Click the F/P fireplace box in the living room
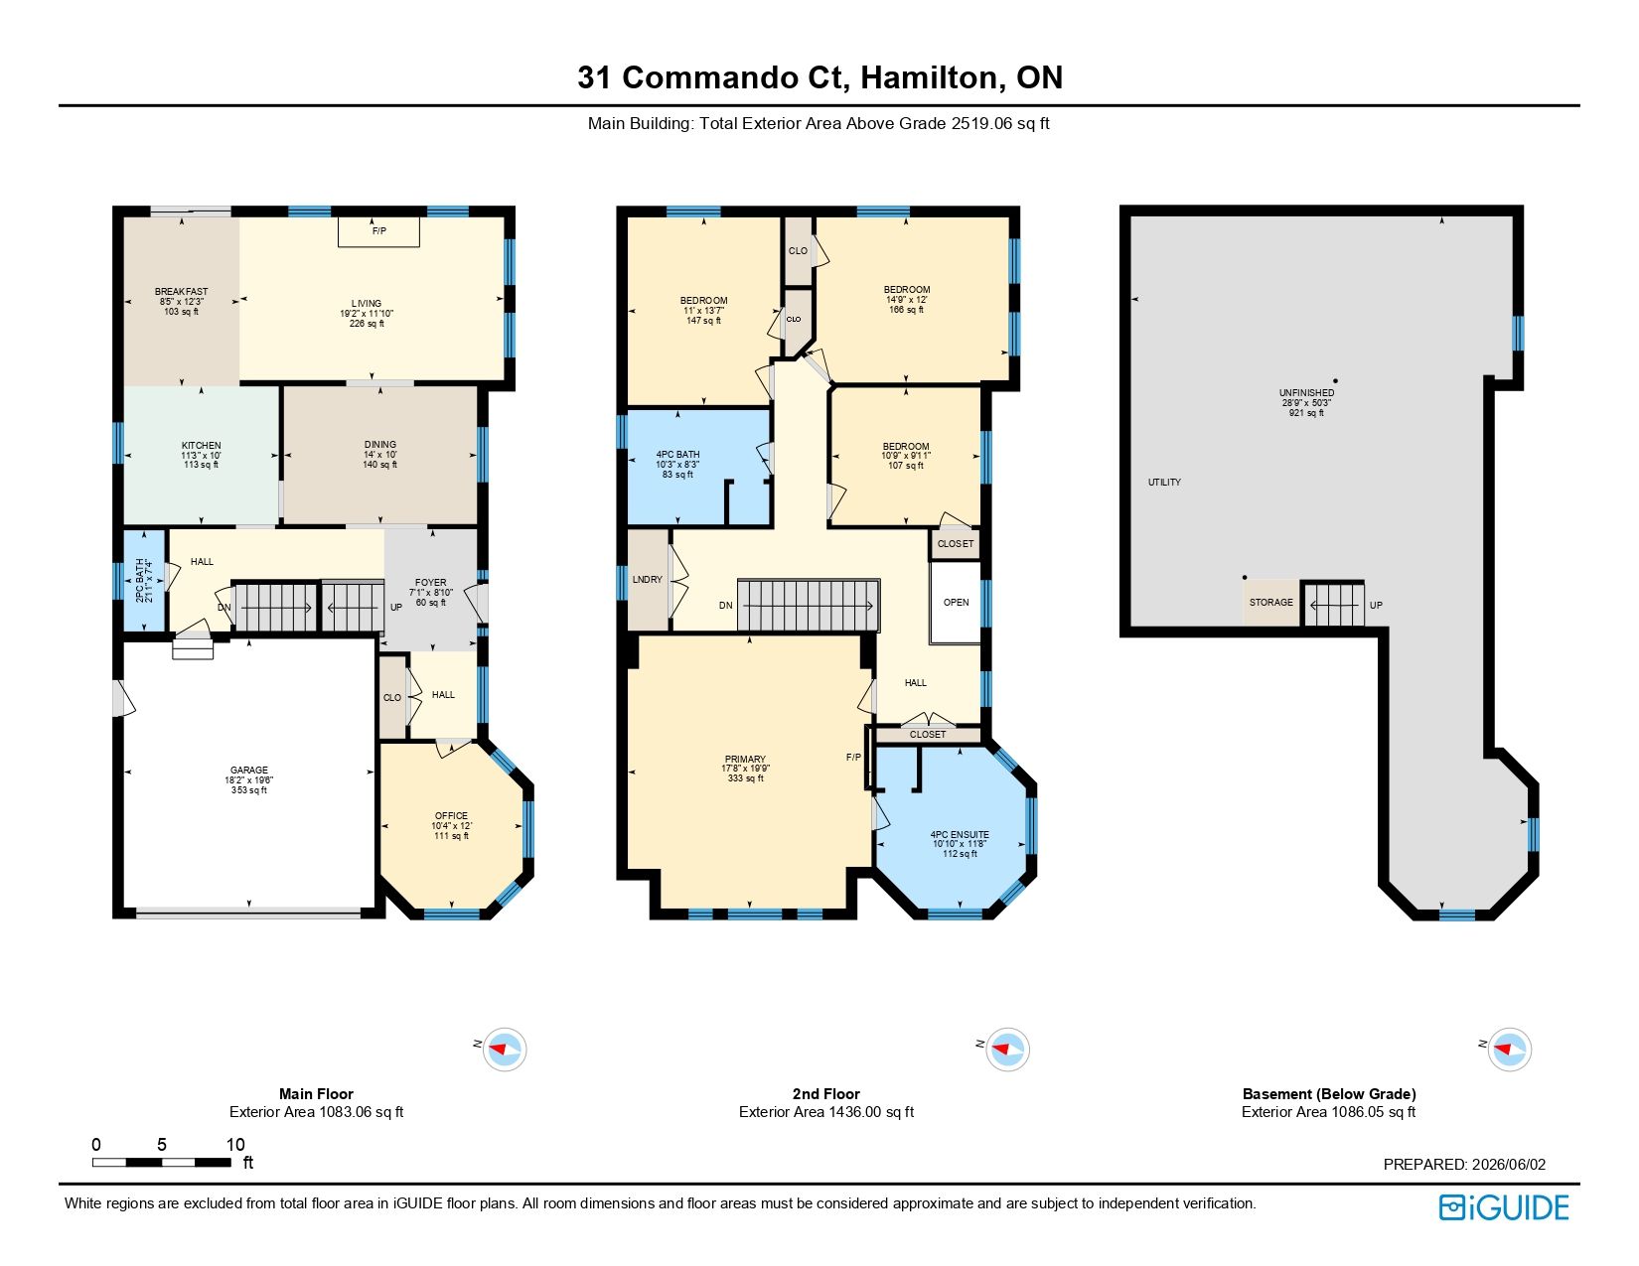coord(378,231)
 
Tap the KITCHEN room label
coord(202,446)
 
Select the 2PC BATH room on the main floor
coord(144,581)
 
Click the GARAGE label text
coord(249,770)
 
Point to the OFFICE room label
coord(451,816)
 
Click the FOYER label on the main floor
coord(431,582)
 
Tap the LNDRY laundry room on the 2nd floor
coord(648,580)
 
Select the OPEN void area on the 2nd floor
coord(956,602)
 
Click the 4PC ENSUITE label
coord(960,835)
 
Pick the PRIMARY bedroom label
coord(745,760)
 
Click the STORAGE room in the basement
coord(1270,602)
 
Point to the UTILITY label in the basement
coord(1164,482)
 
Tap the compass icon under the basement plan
coord(1509,1049)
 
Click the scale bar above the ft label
coord(161,1162)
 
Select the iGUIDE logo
coord(1504,1208)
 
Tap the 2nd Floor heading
coord(825,1093)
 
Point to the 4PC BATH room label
coord(677,455)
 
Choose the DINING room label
coord(380,445)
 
